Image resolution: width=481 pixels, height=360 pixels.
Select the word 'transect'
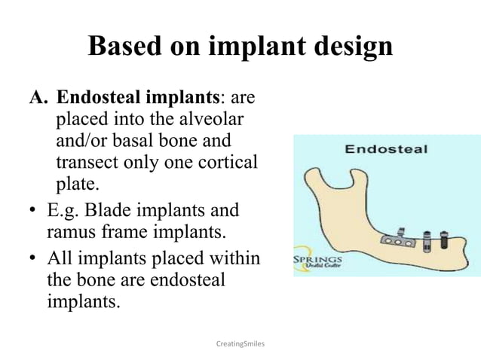(88, 162)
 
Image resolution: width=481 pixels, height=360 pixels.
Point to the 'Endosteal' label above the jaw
(386, 148)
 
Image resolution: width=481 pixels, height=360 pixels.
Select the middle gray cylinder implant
(427, 242)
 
